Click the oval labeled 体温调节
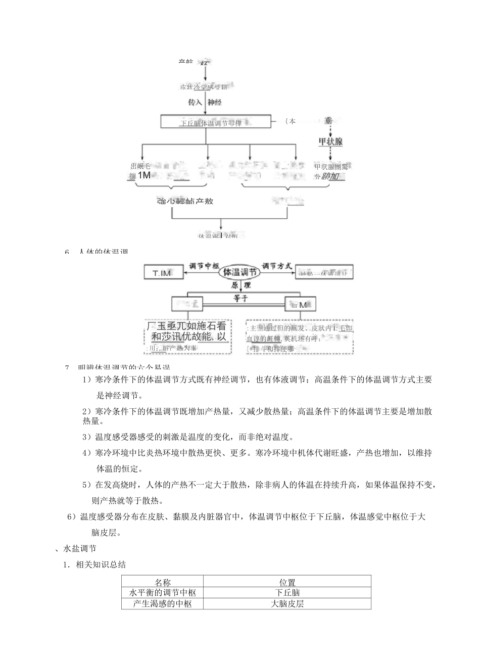240,272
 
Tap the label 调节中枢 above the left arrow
204,264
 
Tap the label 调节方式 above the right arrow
277,264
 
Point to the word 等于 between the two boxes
241,298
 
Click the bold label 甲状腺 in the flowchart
330,141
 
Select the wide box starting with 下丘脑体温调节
215,122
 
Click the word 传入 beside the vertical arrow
195,102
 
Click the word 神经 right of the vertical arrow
215,102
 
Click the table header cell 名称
162,582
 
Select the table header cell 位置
287,582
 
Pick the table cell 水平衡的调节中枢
162,592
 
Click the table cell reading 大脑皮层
287,603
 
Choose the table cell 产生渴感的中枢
162,603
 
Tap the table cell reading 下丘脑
287,592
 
